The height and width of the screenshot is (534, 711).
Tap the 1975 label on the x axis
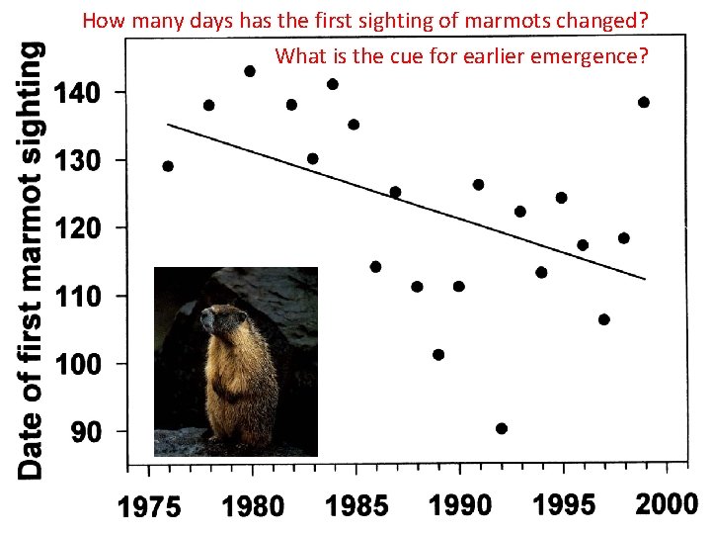coord(150,507)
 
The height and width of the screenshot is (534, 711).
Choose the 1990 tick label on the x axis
coord(459,506)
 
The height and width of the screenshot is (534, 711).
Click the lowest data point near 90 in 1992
coord(502,428)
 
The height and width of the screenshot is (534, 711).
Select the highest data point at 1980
coord(250,71)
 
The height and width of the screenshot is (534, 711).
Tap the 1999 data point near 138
coord(644,102)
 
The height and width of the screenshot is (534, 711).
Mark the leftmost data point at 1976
coord(168,166)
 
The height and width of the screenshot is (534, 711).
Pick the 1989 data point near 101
coord(438,354)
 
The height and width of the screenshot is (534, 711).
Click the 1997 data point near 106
coord(603,319)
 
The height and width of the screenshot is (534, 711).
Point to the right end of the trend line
coord(645,279)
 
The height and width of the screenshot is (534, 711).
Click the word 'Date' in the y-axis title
coord(33,450)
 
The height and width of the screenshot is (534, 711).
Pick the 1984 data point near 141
coord(333,84)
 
